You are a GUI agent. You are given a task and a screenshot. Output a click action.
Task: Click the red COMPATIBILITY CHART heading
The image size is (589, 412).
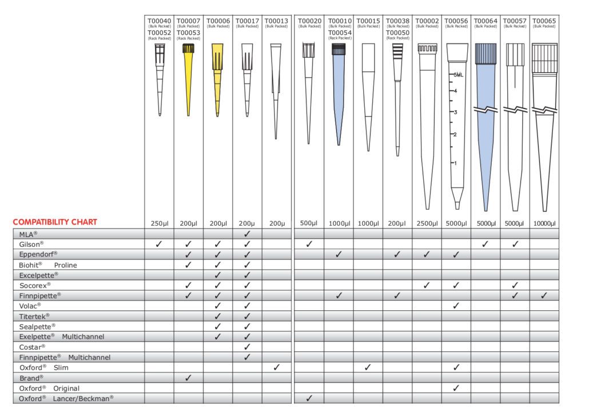click(x=55, y=222)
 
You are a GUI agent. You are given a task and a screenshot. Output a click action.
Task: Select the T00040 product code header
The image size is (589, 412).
click(x=159, y=21)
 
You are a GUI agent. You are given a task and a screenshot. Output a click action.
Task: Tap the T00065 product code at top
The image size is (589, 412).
click(x=544, y=21)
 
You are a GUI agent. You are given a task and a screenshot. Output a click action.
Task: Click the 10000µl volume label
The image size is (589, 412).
click(x=544, y=223)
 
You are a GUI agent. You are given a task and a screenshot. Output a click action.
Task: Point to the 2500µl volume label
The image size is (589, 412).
click(x=427, y=223)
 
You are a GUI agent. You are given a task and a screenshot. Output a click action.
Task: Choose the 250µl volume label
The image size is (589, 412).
click(x=159, y=223)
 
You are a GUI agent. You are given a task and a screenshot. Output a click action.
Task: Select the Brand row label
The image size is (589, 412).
click(x=31, y=378)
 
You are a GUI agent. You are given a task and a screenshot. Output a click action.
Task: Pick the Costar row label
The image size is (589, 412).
click(x=33, y=347)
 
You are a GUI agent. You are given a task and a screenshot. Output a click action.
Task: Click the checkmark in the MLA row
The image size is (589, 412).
click(x=247, y=234)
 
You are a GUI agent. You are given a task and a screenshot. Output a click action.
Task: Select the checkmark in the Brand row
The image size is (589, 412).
click(x=188, y=378)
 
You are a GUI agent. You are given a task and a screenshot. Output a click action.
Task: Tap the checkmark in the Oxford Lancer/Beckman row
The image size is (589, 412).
click(x=309, y=398)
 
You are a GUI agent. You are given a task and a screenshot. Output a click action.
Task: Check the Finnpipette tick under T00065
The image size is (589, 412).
click(x=544, y=295)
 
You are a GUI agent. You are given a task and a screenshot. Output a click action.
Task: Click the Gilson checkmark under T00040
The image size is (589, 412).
click(x=159, y=244)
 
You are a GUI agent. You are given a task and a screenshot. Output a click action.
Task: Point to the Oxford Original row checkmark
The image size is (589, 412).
click(x=456, y=388)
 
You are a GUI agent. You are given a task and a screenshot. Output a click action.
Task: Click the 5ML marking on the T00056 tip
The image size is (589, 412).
click(x=457, y=75)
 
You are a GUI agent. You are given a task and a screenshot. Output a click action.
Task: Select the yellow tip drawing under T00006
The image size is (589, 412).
click(x=217, y=80)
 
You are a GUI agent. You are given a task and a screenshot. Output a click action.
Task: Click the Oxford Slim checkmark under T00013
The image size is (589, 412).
click(x=276, y=367)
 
